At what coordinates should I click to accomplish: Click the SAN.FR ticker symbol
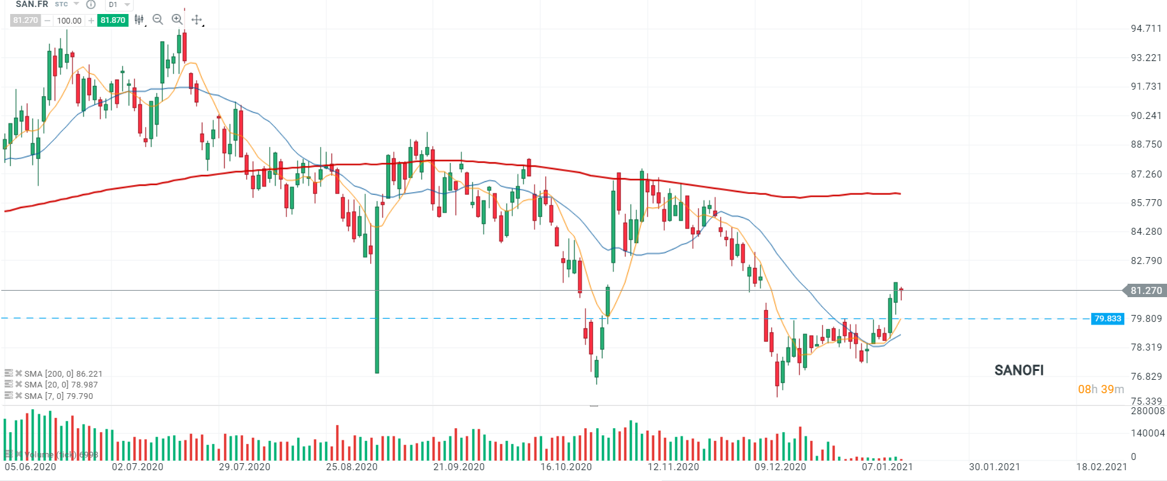(x=32, y=4)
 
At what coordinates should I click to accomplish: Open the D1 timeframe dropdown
(x=118, y=4)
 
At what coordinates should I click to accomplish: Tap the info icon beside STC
(x=91, y=4)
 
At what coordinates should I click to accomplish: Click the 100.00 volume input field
(x=69, y=20)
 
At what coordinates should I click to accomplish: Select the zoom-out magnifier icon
(x=158, y=20)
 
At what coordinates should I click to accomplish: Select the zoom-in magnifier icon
(x=177, y=20)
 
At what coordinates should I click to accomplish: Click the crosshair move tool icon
(x=197, y=20)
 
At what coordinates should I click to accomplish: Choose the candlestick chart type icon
(x=139, y=20)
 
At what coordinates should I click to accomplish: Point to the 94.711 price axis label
(x=1146, y=29)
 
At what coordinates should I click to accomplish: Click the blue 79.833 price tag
(x=1107, y=319)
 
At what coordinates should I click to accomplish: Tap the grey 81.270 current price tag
(x=1145, y=291)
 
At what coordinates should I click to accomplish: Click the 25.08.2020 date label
(x=352, y=467)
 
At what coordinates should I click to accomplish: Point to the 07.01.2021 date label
(x=887, y=467)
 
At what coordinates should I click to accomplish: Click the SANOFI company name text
(x=1019, y=370)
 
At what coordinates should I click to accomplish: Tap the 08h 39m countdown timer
(x=1100, y=389)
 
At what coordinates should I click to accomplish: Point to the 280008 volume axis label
(x=1147, y=411)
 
